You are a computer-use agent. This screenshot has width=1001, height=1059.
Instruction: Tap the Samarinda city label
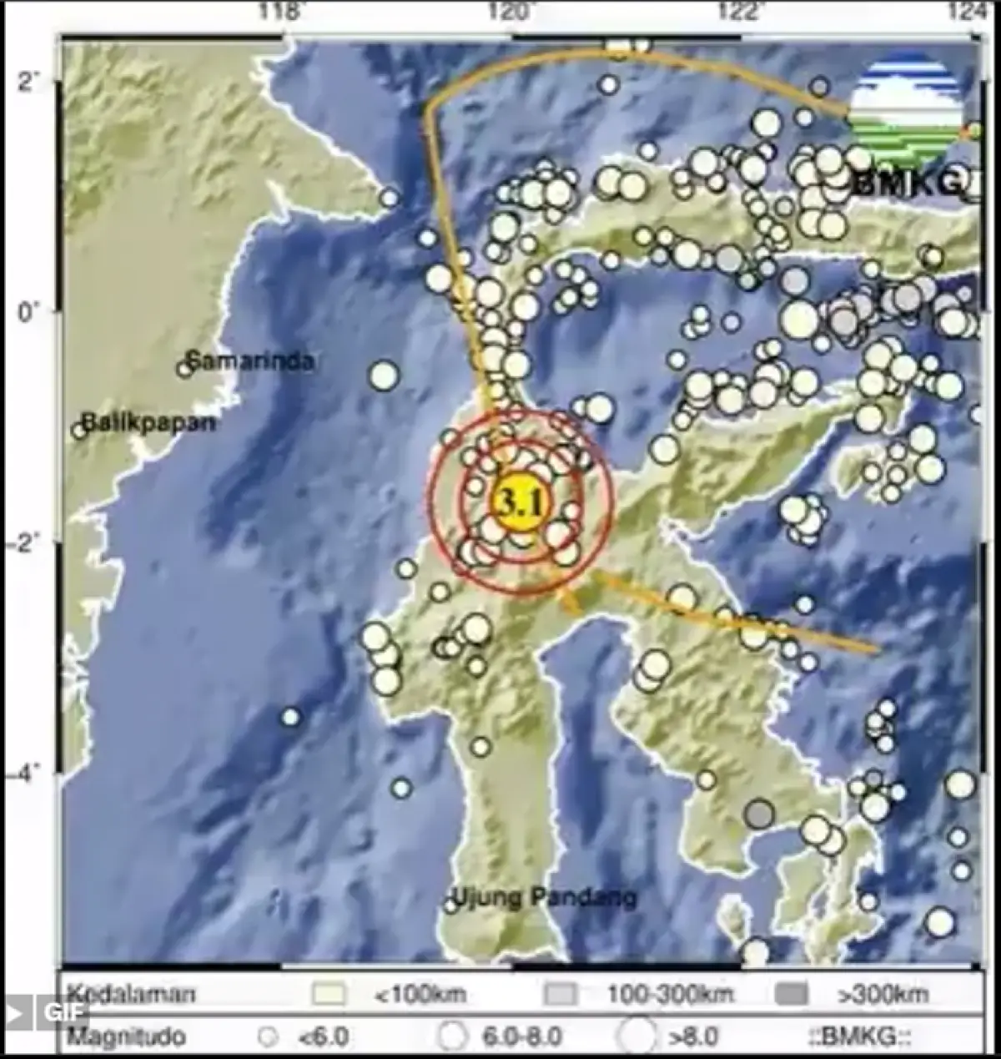[249, 361]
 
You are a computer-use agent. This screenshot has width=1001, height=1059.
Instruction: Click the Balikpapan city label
[148, 422]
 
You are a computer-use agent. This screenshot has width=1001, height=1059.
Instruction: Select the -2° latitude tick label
[25, 543]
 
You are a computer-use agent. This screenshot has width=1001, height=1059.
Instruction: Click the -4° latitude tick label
[25, 774]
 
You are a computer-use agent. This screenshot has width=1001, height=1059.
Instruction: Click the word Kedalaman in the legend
[131, 994]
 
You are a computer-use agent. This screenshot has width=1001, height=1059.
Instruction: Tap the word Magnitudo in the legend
[127, 1037]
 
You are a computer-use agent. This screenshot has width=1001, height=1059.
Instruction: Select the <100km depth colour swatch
[329, 995]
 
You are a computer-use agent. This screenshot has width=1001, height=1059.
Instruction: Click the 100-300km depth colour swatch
[560, 995]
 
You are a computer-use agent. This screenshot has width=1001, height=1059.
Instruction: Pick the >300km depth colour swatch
[791, 995]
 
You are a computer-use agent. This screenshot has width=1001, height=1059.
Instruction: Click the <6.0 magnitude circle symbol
[267, 1038]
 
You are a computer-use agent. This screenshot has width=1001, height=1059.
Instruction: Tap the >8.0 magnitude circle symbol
[636, 1036]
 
